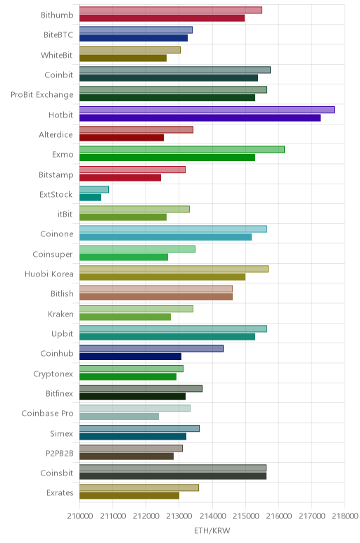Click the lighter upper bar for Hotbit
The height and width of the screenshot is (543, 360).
pyautogui.click(x=207, y=110)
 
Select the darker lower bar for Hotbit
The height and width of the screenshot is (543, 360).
pyautogui.click(x=200, y=117)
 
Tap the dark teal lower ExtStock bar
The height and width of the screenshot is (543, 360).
pyautogui.click(x=90, y=198)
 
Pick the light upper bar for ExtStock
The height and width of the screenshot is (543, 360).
pyautogui.click(x=94, y=189)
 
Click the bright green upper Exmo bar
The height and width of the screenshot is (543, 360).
pyautogui.click(x=182, y=150)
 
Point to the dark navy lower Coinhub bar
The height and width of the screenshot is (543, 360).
pyautogui.click(x=131, y=357)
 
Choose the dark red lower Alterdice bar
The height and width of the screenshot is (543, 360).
pyautogui.click(x=122, y=137)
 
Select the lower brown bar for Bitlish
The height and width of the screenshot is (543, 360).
pyautogui.click(x=156, y=297)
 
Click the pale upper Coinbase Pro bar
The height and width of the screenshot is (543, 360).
pyautogui.click(x=135, y=408)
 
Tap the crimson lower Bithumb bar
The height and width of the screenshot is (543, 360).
pyautogui.click(x=162, y=18)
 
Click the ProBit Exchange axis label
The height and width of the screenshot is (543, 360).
pyautogui.click(x=42, y=95)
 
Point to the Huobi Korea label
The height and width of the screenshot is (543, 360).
pyautogui.click(x=49, y=274)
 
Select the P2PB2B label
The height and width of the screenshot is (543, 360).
pyautogui.click(x=60, y=453)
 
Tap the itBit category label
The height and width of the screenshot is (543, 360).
pyautogui.click(x=65, y=214)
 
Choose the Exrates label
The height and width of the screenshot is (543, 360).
pyautogui.click(x=60, y=493)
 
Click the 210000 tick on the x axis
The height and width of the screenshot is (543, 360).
pyautogui.click(x=80, y=516)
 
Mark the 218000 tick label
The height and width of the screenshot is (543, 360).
pyautogui.click(x=345, y=516)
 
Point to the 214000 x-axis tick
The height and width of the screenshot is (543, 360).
pyautogui.click(x=212, y=516)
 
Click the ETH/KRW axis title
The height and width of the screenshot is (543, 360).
pyautogui.click(x=212, y=530)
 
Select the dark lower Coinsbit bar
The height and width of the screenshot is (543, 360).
pyautogui.click(x=173, y=476)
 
